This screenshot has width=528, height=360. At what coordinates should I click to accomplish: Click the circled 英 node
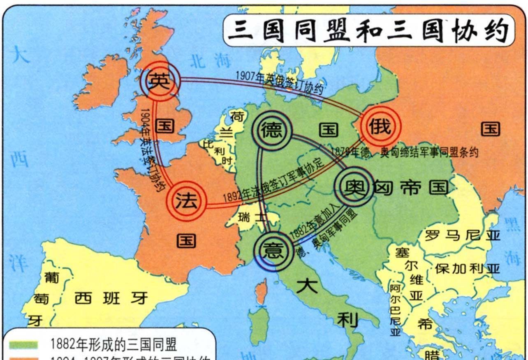[x=160, y=81]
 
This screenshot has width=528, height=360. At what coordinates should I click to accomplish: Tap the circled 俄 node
[x=380, y=126]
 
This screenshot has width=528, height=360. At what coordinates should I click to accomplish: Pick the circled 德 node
[x=272, y=131]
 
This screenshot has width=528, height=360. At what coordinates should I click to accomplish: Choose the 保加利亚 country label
[x=468, y=269]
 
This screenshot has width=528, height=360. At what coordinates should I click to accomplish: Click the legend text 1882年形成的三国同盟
[x=113, y=344]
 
